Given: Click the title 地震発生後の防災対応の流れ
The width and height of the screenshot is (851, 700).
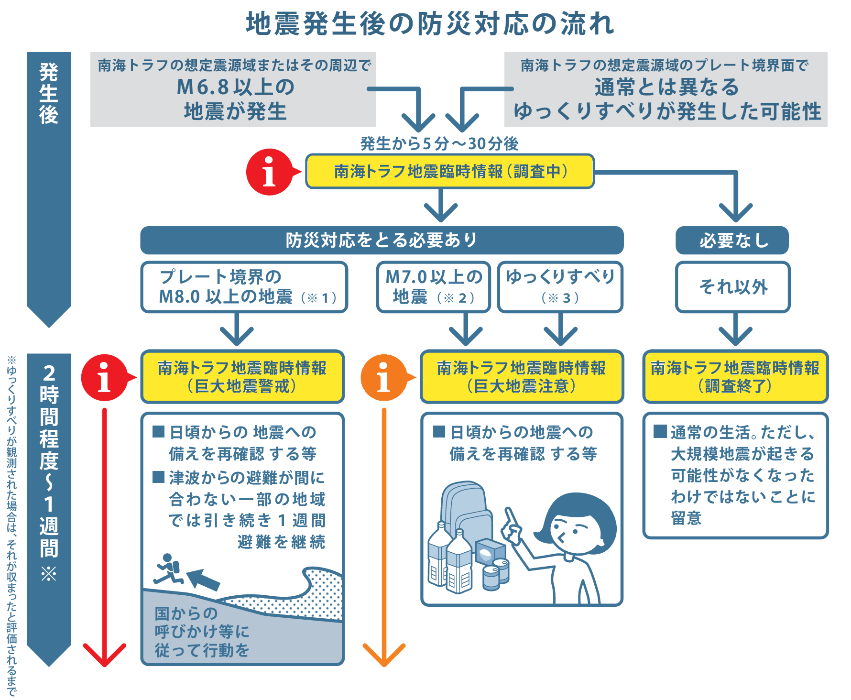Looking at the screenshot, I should pyautogui.click(x=430, y=24).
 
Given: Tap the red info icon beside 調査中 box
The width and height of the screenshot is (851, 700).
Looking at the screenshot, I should pyautogui.click(x=269, y=172).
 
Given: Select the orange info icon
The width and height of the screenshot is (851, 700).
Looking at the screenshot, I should pyautogui.click(x=383, y=378).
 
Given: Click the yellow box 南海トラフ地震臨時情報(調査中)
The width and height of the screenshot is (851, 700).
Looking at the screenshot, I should pyautogui.click(x=450, y=171).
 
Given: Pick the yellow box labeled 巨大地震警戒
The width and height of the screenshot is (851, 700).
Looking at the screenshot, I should pyautogui.click(x=242, y=377).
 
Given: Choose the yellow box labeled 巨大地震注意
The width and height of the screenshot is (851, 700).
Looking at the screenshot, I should pyautogui.click(x=522, y=377).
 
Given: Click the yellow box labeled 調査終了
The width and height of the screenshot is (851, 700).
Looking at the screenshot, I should pyautogui.click(x=735, y=377).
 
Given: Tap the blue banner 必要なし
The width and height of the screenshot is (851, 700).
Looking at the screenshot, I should pyautogui.click(x=732, y=240).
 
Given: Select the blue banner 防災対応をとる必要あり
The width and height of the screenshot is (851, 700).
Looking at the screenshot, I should pyautogui.click(x=382, y=240).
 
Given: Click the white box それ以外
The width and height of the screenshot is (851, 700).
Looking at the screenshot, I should pyautogui.click(x=732, y=287).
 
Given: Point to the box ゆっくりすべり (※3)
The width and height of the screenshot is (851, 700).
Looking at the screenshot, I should pyautogui.click(x=560, y=287).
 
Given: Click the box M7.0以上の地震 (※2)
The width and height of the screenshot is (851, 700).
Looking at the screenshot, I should pyautogui.click(x=433, y=287).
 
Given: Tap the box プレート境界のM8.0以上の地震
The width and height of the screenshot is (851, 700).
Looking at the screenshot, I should pyautogui.click(x=244, y=287).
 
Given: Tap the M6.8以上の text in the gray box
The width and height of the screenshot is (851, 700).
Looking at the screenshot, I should pyautogui.click(x=235, y=87).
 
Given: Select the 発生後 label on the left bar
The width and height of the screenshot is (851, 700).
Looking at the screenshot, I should pyautogui.click(x=49, y=93).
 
